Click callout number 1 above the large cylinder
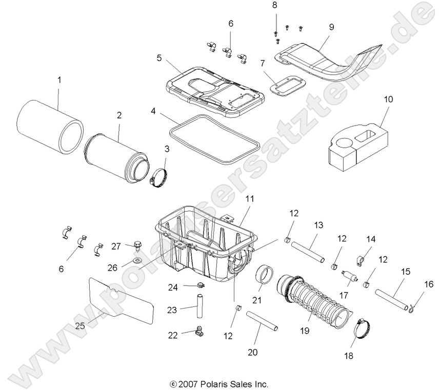(59, 80)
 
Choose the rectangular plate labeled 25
(122, 300)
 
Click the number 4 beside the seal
(153, 111)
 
